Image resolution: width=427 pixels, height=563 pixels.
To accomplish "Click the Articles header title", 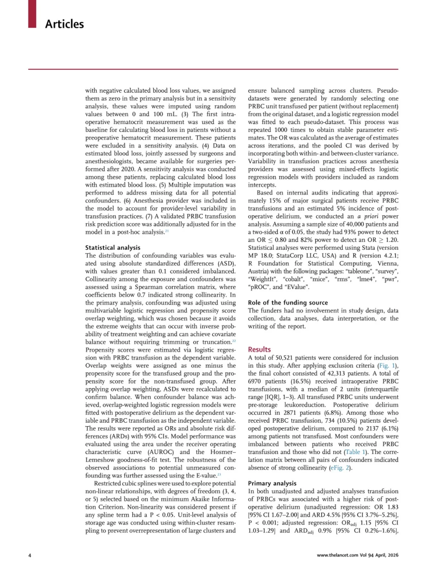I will [x=65, y=24].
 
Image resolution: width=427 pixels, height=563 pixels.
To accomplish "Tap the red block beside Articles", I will [x=32, y=13].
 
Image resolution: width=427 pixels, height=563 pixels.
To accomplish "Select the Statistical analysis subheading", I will [x=113, y=248].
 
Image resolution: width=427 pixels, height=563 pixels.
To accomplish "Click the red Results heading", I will [x=259, y=349].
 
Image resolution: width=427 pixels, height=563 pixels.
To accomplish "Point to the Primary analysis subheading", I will [x=272, y=483].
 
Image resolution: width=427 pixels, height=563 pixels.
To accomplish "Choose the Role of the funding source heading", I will [x=288, y=302].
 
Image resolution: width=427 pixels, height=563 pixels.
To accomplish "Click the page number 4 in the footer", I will [x=30, y=555].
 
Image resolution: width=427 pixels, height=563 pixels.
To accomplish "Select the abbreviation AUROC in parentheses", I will [x=161, y=452].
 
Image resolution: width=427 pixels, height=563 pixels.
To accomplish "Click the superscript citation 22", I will [x=234, y=341].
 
